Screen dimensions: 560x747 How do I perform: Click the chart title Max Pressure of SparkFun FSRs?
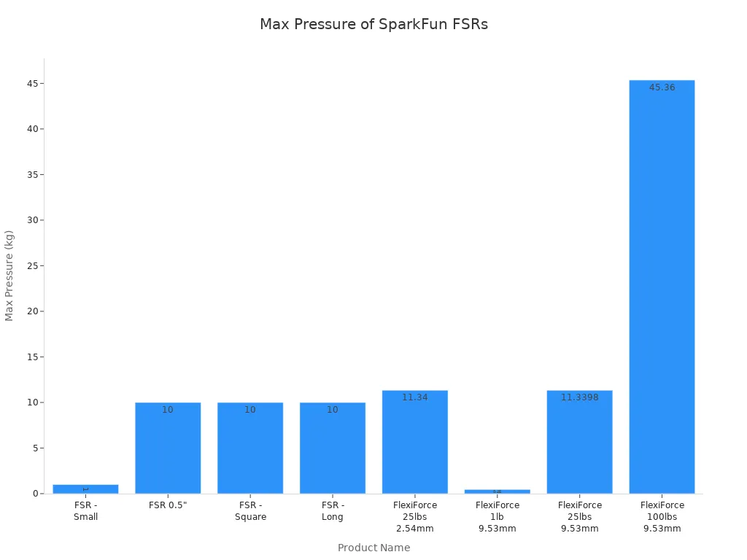[x=373, y=24]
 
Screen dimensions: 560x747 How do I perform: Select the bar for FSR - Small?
[x=85, y=489]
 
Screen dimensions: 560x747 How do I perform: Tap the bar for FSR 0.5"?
[x=168, y=448]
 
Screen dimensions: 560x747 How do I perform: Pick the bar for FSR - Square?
[x=250, y=448]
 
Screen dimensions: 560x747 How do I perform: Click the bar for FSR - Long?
[x=333, y=448]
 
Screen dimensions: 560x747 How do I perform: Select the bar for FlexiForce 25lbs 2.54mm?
[x=415, y=442]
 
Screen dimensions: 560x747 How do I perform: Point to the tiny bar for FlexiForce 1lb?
[x=498, y=491]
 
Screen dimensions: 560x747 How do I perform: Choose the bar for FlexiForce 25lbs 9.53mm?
[x=580, y=442]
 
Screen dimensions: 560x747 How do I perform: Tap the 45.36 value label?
[x=662, y=87]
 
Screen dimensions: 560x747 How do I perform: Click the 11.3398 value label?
[x=580, y=397]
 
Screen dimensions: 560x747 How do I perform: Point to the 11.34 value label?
[x=415, y=397]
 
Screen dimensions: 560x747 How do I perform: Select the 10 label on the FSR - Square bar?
[x=250, y=410]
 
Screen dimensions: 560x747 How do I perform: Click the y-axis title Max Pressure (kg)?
[x=9, y=276]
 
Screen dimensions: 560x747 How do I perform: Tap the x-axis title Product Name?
[x=373, y=548]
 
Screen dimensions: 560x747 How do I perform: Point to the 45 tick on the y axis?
[x=32, y=84]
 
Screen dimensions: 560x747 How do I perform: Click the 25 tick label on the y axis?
[x=32, y=266]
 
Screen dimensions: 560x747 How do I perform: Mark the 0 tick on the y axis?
[x=35, y=494]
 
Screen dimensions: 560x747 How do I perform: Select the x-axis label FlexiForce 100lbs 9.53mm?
[x=662, y=516]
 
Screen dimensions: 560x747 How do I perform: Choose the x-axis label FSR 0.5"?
[x=168, y=505]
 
